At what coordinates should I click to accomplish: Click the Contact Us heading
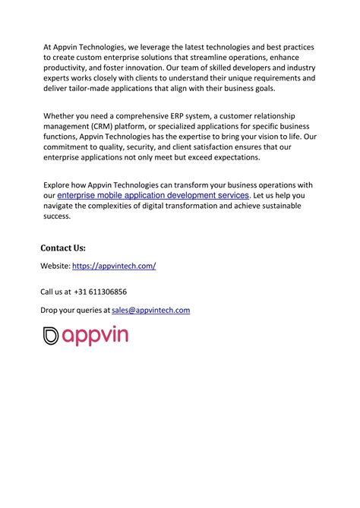(x=63, y=248)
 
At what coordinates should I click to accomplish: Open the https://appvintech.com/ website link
(x=114, y=266)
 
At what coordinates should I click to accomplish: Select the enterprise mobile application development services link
(x=153, y=195)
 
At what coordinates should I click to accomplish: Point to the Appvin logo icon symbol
(x=50, y=336)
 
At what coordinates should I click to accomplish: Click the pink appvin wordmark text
(x=95, y=336)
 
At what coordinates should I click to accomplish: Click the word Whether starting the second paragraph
(x=58, y=115)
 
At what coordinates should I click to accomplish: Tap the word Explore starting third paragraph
(x=56, y=185)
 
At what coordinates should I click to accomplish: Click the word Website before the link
(x=55, y=266)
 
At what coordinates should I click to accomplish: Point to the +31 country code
(x=81, y=292)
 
